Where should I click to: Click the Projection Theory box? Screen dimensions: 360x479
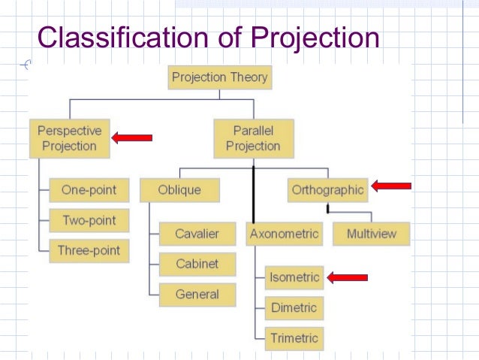point(219,77)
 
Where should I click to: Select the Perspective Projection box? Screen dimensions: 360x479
point(69,138)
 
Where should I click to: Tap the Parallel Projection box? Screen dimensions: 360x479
point(252,138)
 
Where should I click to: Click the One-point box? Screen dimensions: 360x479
point(89,190)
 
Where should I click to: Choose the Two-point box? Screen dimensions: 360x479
point(89,220)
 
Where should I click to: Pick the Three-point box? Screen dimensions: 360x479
point(89,251)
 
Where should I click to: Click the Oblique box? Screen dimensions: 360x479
point(180,190)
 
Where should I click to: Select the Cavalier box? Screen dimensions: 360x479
point(197,234)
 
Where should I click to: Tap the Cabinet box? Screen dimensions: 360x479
point(197,264)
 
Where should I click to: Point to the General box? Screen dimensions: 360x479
point(197,295)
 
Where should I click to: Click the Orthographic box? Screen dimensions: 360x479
point(327,190)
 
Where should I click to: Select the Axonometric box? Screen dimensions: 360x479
point(285,234)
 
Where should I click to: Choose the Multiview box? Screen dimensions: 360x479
point(371,234)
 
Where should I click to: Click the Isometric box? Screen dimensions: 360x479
point(294,277)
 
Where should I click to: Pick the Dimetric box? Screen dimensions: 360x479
point(294,307)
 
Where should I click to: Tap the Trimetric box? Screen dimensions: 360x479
point(294,337)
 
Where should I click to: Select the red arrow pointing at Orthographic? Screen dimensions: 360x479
point(391,186)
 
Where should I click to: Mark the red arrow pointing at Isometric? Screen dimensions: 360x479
point(348,277)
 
